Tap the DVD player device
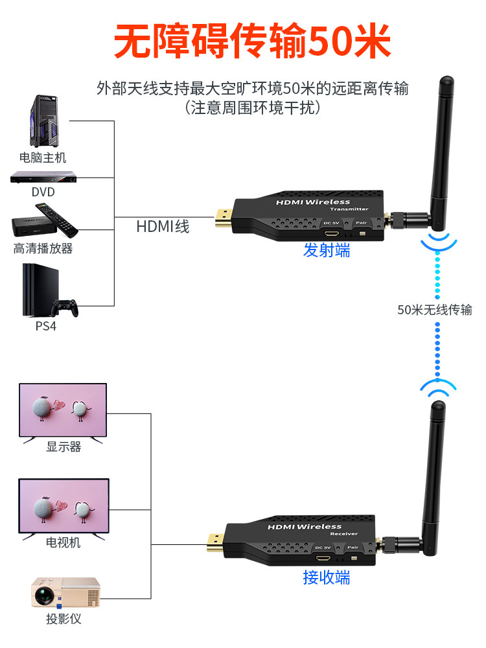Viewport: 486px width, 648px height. pyautogui.click(x=43, y=177)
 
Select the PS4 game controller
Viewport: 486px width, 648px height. pyautogui.click(x=65, y=307)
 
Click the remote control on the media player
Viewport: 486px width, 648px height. pyautogui.click(x=56, y=219)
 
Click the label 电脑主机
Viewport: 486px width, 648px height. pyautogui.click(x=43, y=157)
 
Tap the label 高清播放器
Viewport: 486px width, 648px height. pyautogui.click(x=43, y=248)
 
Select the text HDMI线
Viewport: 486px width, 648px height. pyautogui.click(x=163, y=226)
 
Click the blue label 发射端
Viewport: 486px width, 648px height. pyautogui.click(x=327, y=250)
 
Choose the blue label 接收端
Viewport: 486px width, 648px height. pyautogui.click(x=327, y=577)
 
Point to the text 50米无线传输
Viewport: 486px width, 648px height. pyautogui.click(x=435, y=310)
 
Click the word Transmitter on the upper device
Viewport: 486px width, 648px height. pyautogui.click(x=349, y=209)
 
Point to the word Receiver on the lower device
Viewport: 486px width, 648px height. pyautogui.click(x=343, y=533)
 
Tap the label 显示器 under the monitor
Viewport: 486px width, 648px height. pyautogui.click(x=63, y=446)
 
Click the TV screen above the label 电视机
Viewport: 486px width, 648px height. pyautogui.click(x=64, y=506)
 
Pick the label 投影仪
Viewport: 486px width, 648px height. pyautogui.click(x=64, y=619)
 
